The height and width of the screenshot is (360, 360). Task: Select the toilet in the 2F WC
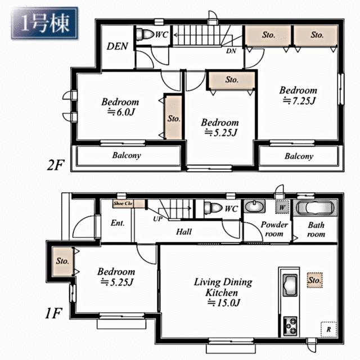click(x=144, y=35)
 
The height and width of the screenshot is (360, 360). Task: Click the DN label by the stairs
click(x=231, y=51)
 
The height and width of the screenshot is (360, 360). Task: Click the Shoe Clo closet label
click(x=123, y=204)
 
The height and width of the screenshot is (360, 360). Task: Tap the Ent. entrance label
click(x=118, y=223)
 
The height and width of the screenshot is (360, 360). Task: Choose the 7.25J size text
click(x=299, y=101)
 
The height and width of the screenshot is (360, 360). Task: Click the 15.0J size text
click(x=224, y=303)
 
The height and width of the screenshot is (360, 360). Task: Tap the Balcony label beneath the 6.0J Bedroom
click(x=128, y=155)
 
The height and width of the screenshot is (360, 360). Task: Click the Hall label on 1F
click(x=183, y=232)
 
